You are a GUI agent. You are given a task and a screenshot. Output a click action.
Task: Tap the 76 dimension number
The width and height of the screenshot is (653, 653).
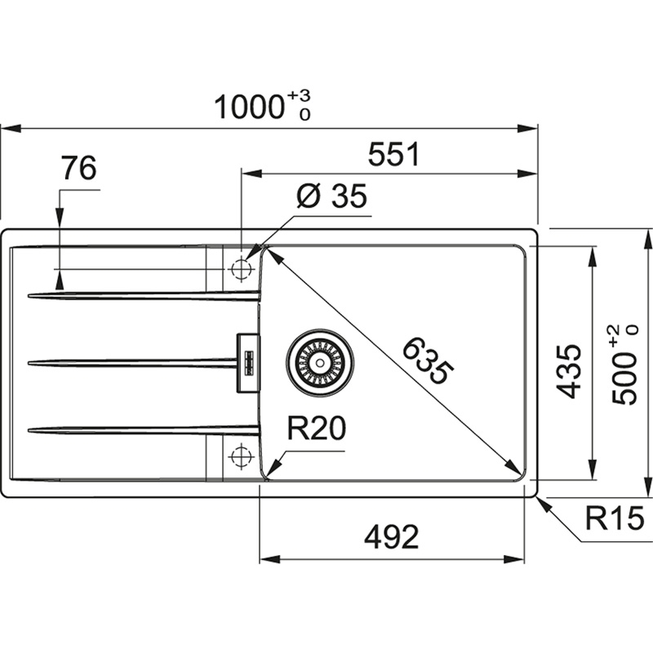click(78, 168)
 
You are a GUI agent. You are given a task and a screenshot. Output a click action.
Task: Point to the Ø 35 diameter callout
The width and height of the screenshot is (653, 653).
click(331, 197)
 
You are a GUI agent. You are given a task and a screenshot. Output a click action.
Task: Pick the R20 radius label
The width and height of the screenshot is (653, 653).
click(315, 429)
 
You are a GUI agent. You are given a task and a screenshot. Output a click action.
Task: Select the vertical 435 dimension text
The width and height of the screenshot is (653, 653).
click(570, 371)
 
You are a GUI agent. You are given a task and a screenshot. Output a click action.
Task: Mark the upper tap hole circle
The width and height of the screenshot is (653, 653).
click(241, 268)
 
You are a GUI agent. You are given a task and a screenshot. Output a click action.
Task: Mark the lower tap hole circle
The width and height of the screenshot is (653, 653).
click(241, 456)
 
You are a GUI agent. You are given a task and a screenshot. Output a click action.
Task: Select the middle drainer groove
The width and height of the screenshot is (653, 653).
click(131, 362)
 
